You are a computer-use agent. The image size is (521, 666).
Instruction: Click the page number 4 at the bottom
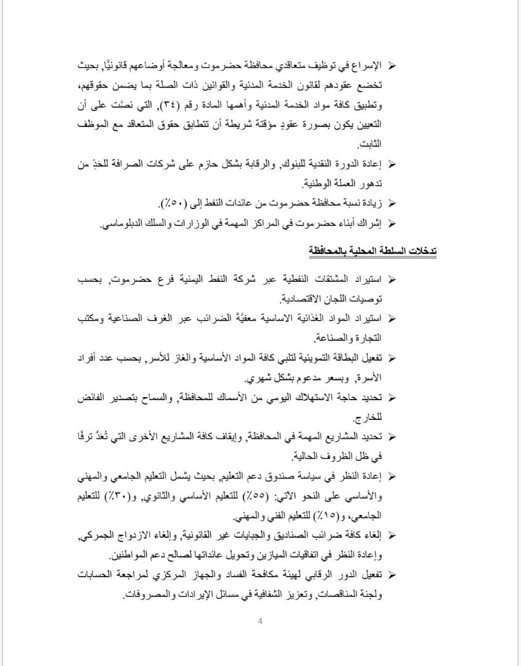click(260, 621)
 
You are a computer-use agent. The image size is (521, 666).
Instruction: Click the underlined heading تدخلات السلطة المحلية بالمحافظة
click(372, 251)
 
